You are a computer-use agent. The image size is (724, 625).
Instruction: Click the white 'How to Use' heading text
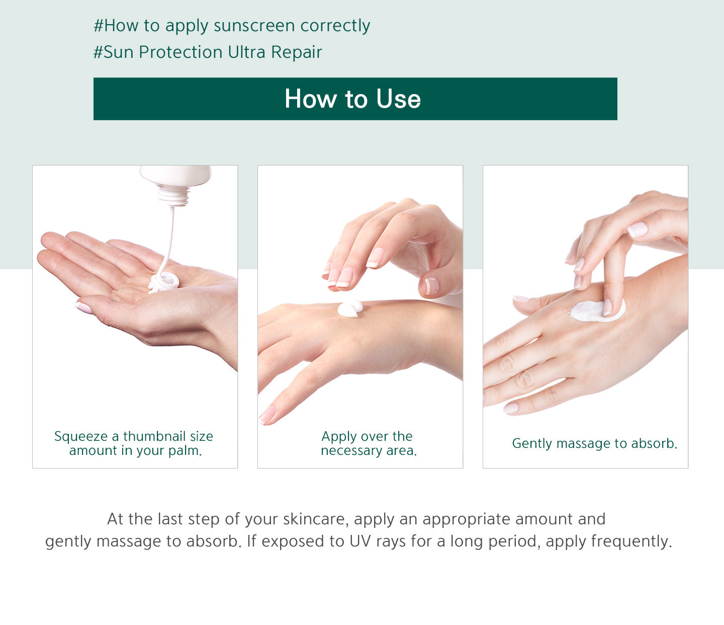coord(352,99)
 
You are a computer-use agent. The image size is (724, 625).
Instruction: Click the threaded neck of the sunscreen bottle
coord(174,196)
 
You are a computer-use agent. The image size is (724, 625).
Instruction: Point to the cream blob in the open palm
coord(163,282)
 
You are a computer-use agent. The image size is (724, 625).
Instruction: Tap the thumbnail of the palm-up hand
coord(84,307)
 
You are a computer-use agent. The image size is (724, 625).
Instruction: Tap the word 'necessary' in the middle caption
coord(351,451)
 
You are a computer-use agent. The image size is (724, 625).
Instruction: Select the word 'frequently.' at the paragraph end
coord(631,542)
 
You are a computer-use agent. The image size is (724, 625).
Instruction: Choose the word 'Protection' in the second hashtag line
coord(180,52)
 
